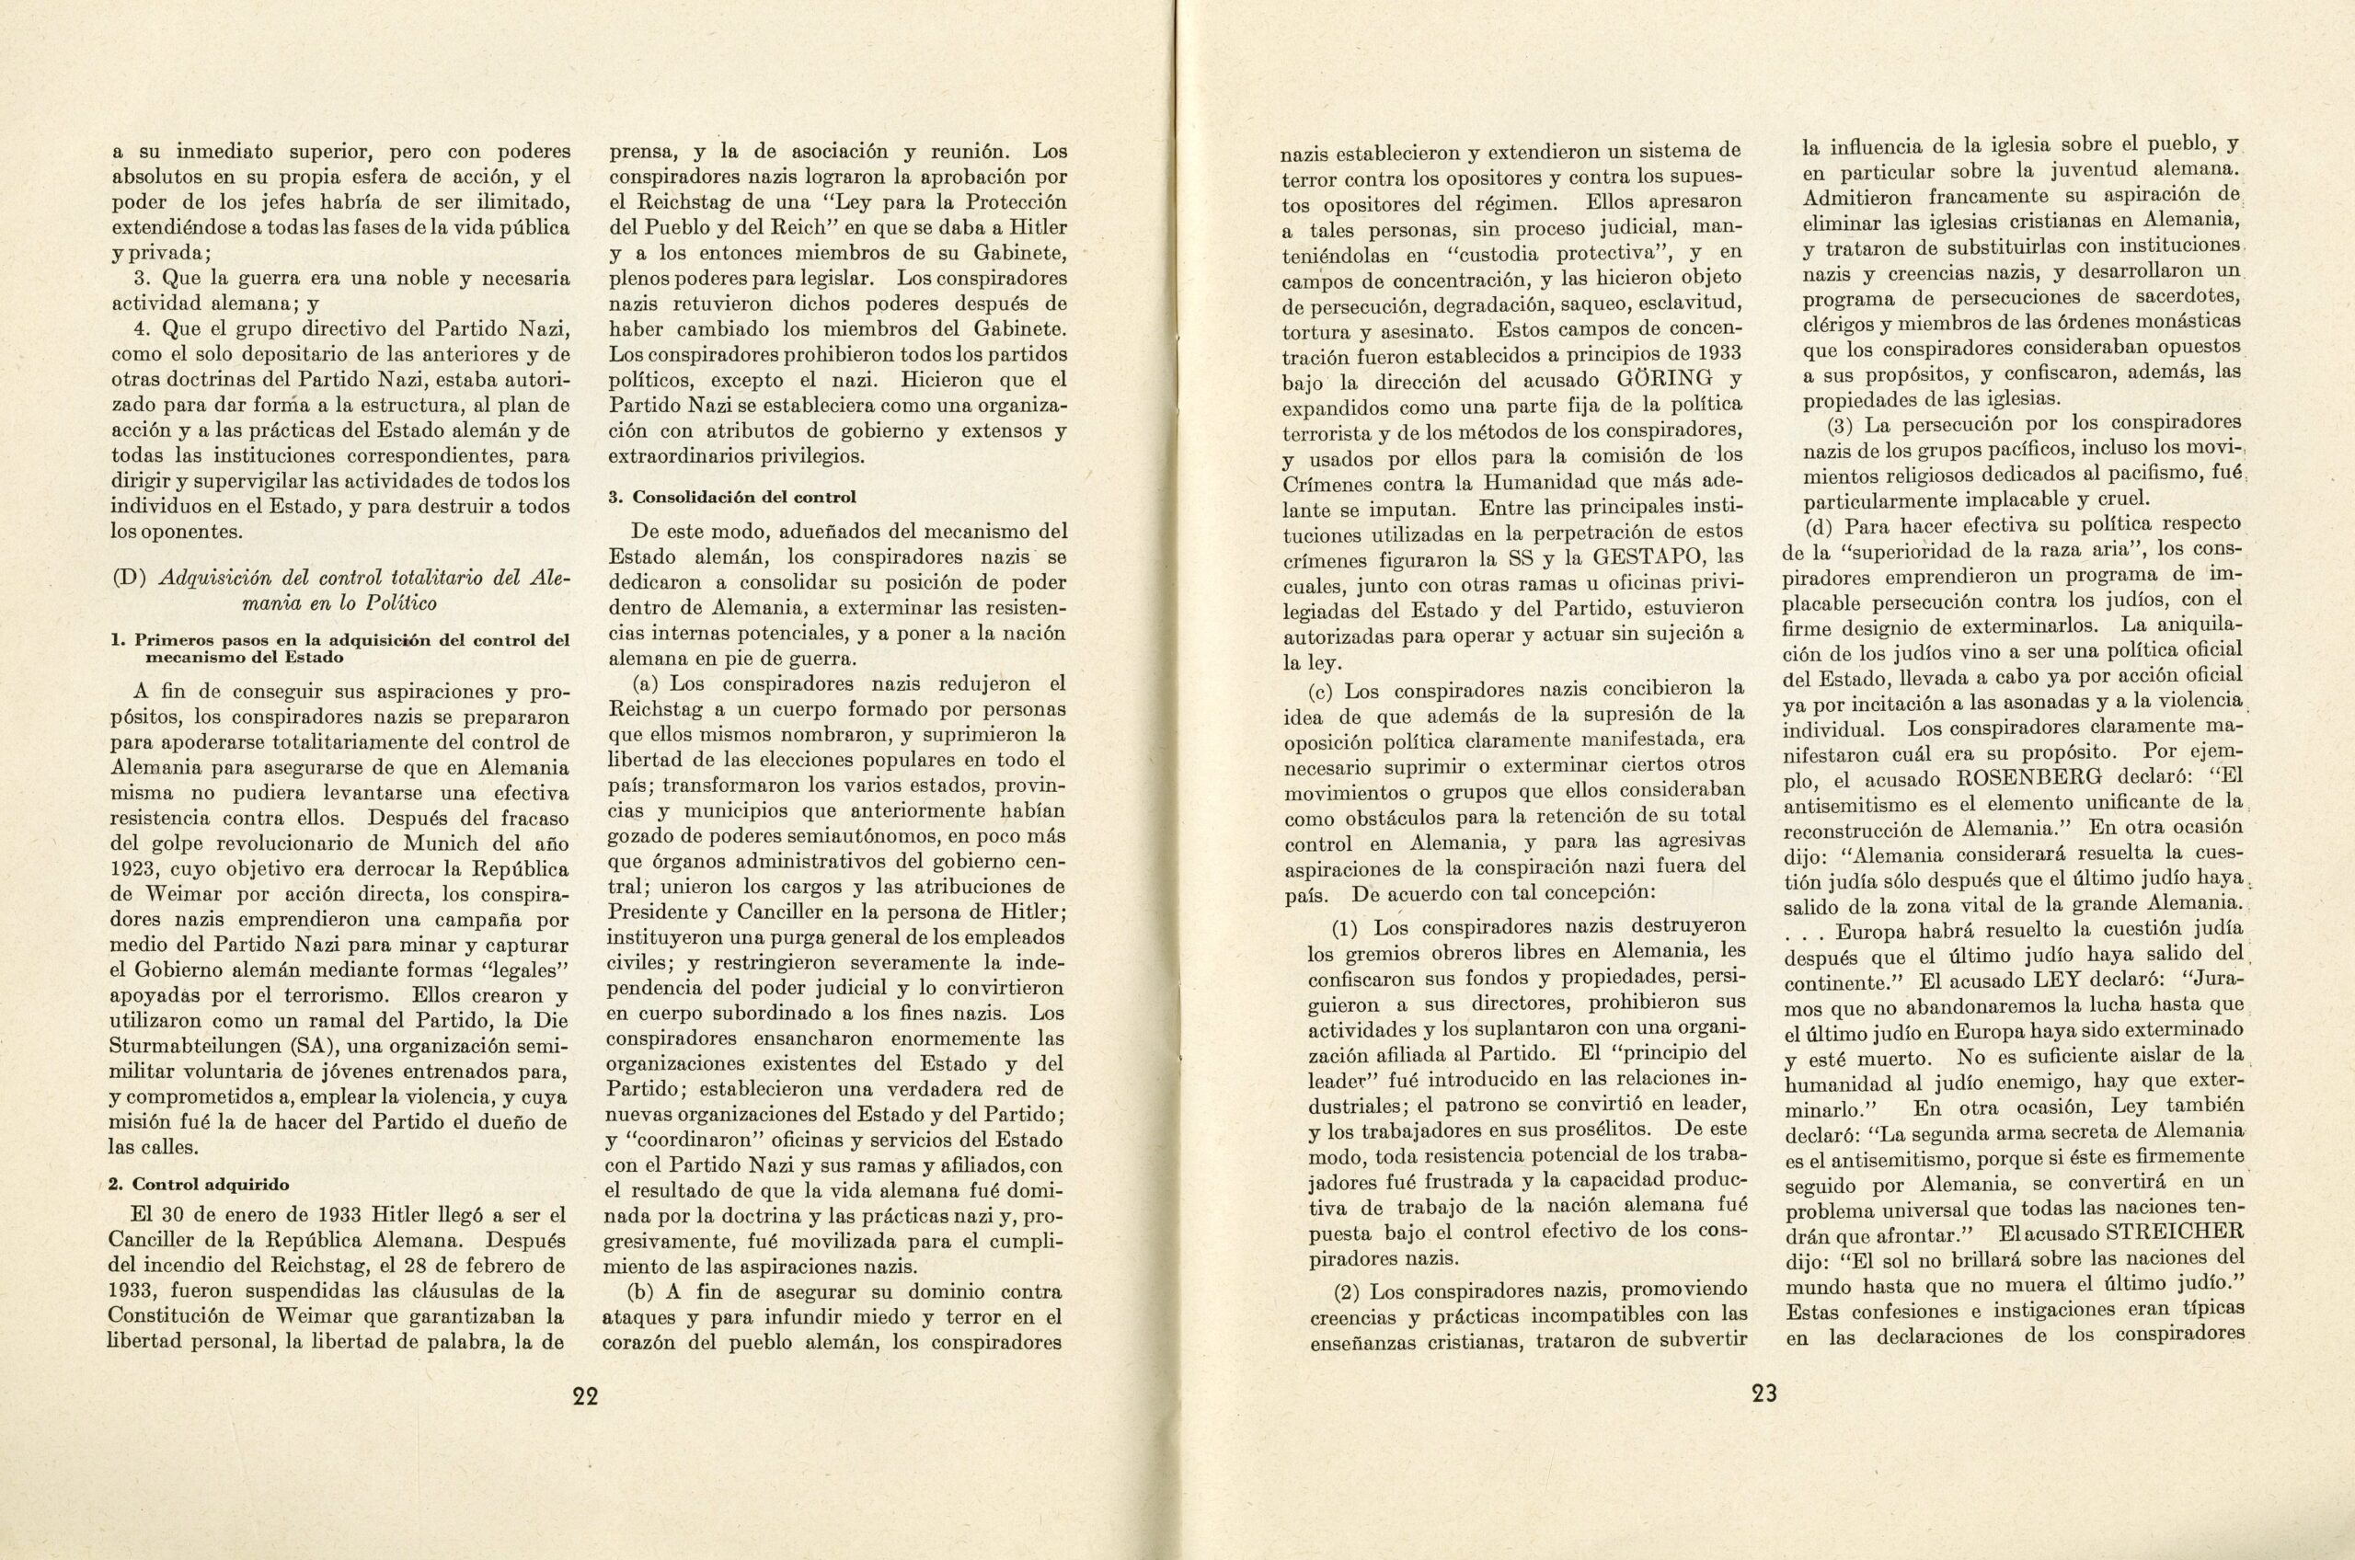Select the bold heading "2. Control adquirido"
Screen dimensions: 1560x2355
tap(197, 1185)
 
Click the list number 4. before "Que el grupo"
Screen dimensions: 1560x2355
tap(143, 328)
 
